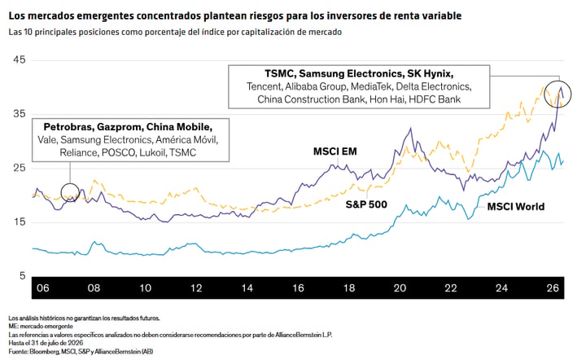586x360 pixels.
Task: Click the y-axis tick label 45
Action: [x=19, y=59]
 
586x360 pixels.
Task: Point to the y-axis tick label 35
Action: [x=19, y=114]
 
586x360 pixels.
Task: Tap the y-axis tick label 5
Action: [x=23, y=276]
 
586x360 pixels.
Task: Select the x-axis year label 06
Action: [x=43, y=288]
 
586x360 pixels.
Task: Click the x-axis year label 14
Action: [x=247, y=288]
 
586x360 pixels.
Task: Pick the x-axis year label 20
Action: [x=400, y=288]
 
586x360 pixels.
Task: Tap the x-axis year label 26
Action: [x=553, y=288]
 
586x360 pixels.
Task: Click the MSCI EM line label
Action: [x=335, y=151]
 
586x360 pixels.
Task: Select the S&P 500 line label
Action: [x=366, y=204]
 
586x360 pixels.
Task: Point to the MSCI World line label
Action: [x=516, y=207]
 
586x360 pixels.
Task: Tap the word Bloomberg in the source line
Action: [x=42, y=351]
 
